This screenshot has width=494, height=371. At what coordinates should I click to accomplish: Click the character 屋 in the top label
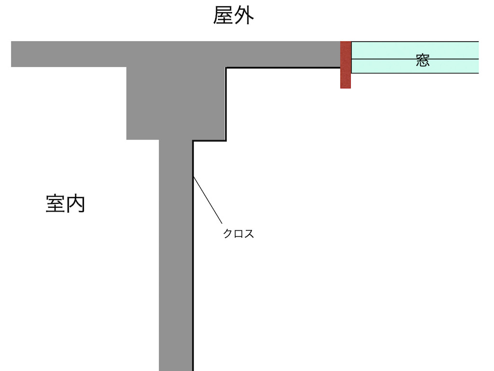click(x=223, y=15)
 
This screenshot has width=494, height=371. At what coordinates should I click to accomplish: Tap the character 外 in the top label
click(x=244, y=15)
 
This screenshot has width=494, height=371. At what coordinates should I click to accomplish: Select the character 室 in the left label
click(x=55, y=203)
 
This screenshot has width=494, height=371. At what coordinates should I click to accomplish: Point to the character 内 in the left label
click(x=75, y=203)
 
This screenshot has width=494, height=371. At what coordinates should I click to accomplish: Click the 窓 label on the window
click(x=423, y=60)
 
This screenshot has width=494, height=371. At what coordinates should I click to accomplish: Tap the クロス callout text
click(x=238, y=233)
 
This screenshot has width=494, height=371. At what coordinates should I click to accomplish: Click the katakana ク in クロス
click(x=228, y=233)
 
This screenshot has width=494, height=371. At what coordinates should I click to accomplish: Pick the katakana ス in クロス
click(x=249, y=233)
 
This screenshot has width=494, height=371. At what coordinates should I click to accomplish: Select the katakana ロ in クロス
click(x=238, y=234)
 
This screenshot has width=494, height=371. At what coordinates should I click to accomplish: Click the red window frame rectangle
click(x=345, y=65)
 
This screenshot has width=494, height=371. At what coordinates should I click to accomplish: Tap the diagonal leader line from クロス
click(x=207, y=200)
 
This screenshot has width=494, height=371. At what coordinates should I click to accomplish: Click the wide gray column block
click(x=176, y=103)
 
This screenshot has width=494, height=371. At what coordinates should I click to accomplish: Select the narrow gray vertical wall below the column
click(x=176, y=255)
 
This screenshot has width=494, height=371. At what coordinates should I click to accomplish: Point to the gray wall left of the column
click(x=69, y=54)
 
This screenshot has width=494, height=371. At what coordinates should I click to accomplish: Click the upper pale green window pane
click(x=415, y=50)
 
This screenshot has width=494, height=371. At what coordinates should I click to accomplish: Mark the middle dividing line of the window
click(x=415, y=59)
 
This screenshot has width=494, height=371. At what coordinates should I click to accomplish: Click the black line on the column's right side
click(x=226, y=104)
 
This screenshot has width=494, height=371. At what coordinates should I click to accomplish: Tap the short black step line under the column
click(x=209, y=141)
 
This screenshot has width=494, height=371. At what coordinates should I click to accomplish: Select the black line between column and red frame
click(x=283, y=68)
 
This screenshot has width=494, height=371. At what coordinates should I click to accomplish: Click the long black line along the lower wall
click(x=193, y=256)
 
